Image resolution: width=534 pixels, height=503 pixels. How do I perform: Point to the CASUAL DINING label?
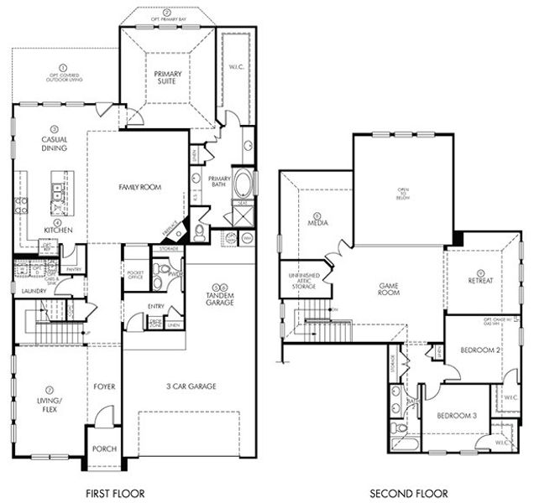coord(54,144)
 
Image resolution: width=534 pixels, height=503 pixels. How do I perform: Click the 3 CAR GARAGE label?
coord(192,386)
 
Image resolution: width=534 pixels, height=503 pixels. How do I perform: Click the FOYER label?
coord(104,387)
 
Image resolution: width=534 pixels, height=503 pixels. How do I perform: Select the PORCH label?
coord(104,449)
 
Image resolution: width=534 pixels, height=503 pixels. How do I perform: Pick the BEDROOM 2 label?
coord(481,349)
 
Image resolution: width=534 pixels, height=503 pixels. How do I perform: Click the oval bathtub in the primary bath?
coord(243,184)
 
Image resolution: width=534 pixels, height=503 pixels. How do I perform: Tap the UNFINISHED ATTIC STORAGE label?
coord(303,282)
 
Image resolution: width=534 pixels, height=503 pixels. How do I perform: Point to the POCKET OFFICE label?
coord(135,275)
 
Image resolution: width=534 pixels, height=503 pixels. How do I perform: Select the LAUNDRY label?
coord(34,291)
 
